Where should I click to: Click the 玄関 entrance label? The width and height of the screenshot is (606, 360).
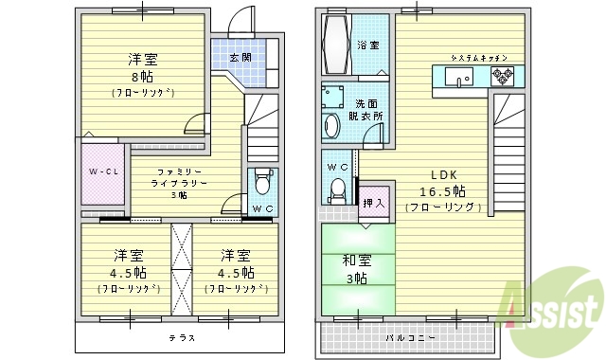(241, 57)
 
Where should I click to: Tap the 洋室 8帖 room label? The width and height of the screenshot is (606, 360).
(143, 74)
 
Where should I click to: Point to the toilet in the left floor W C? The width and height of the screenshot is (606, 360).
(263, 179)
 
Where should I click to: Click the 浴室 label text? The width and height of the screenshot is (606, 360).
(368, 45)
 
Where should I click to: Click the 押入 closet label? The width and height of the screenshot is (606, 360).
(373, 204)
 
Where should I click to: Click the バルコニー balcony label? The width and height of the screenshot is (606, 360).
(410, 337)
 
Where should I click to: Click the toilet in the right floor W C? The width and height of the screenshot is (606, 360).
(336, 190)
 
